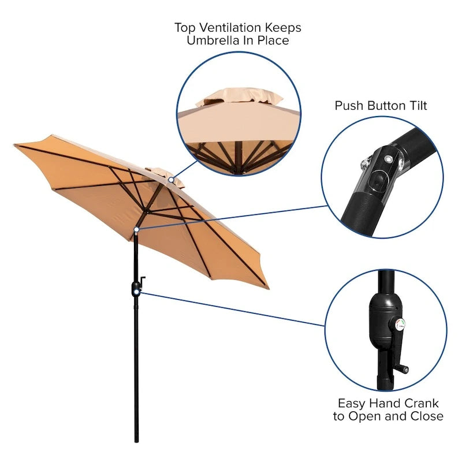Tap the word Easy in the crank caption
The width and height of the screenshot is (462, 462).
click(353, 403)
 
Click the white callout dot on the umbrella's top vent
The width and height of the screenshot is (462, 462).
click(172, 180)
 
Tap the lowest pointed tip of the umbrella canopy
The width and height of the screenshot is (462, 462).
click(267, 287)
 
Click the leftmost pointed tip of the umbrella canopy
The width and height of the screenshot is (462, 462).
click(15, 146)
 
